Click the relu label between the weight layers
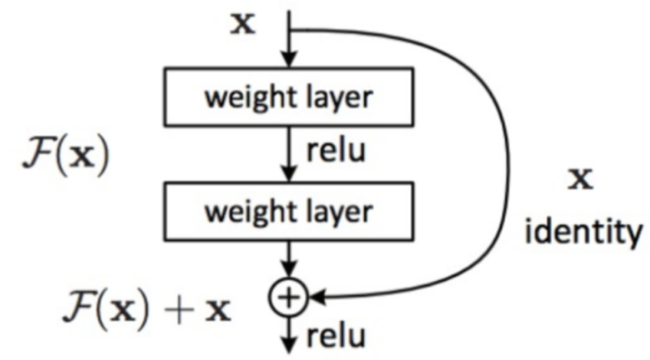pos(331,150)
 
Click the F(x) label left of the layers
pos(65,159)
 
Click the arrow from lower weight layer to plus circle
pos(289,264)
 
